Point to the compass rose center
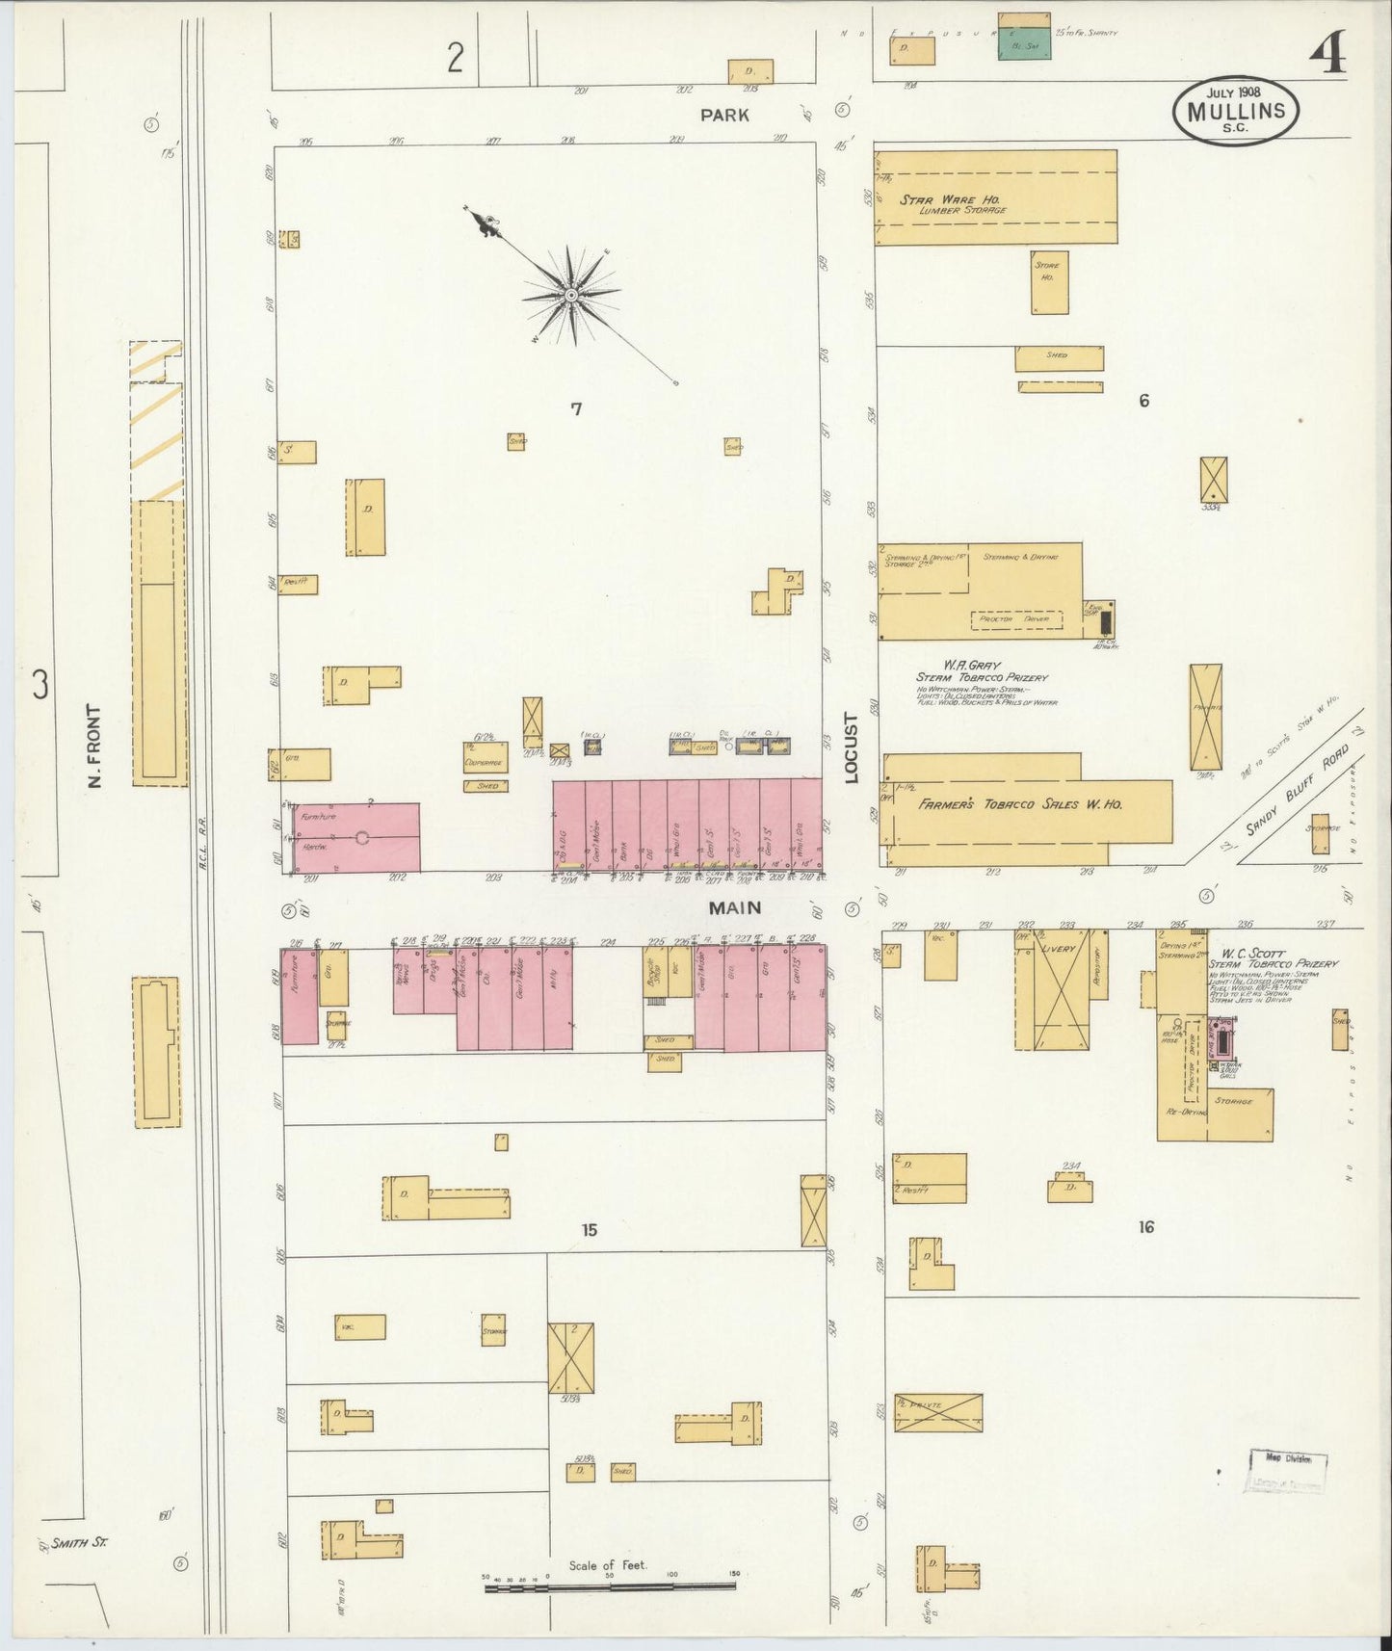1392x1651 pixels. [x=571, y=295]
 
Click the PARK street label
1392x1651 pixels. [x=724, y=115]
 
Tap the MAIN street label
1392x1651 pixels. [x=735, y=907]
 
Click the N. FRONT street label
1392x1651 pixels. [x=94, y=747]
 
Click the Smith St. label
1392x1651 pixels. [x=80, y=1543]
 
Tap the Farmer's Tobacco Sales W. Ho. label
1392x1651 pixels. [x=1019, y=804]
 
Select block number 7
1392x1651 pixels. [x=576, y=409]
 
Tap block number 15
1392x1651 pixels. [x=589, y=1230]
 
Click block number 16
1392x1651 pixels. [x=1144, y=1227]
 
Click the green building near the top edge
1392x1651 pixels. [x=1023, y=43]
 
